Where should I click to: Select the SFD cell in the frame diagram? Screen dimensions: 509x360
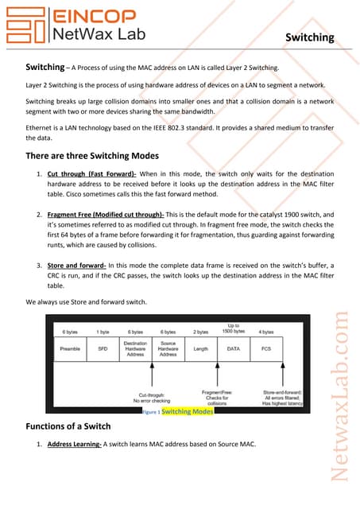click(x=103, y=348)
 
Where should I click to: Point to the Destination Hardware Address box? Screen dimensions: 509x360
click(x=135, y=348)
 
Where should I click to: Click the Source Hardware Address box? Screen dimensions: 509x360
click(x=168, y=348)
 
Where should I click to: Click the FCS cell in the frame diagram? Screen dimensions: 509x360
click(x=266, y=348)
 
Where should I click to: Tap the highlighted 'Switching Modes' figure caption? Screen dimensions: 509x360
click(x=187, y=412)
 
